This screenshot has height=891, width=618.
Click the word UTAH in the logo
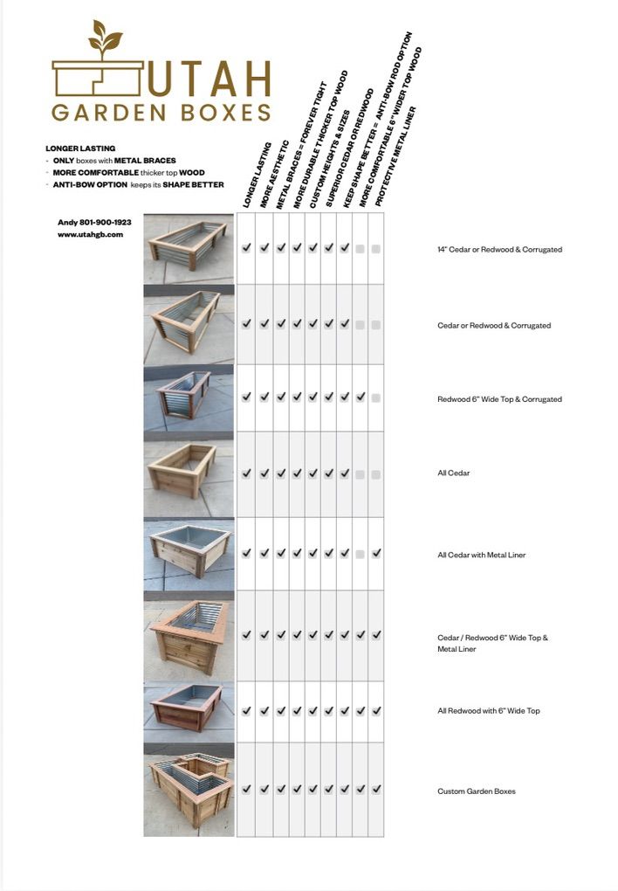pos(209,79)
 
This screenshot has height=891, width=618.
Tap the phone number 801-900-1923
pos(106,223)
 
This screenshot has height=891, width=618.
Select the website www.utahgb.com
pos(91,234)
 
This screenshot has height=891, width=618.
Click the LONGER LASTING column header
pos(257,175)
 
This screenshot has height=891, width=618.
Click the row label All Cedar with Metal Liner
pos(481,555)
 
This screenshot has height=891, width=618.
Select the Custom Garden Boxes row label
pos(476,791)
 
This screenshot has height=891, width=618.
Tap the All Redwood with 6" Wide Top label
pos(488,711)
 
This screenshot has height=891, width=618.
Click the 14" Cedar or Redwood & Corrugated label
pos(499,250)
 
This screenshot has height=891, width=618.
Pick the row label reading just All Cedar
pos(453,473)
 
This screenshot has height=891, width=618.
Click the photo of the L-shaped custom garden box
pos(189,790)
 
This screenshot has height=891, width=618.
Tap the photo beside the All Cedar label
pos(189,473)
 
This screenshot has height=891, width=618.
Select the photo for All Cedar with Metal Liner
pos(189,553)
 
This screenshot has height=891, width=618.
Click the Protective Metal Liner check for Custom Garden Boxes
pos(376,789)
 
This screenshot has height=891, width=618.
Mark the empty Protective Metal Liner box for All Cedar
pos(376,474)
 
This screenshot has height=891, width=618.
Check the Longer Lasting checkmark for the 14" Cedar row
pos(247,248)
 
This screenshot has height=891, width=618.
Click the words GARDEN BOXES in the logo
pos(161,113)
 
